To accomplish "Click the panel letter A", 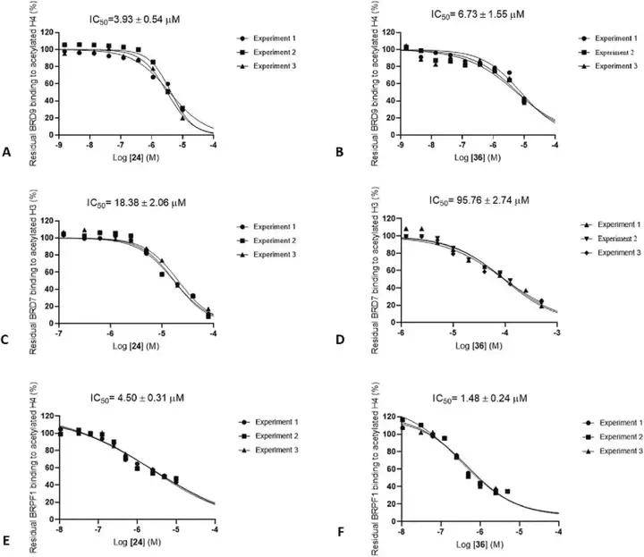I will [x=8, y=153].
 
